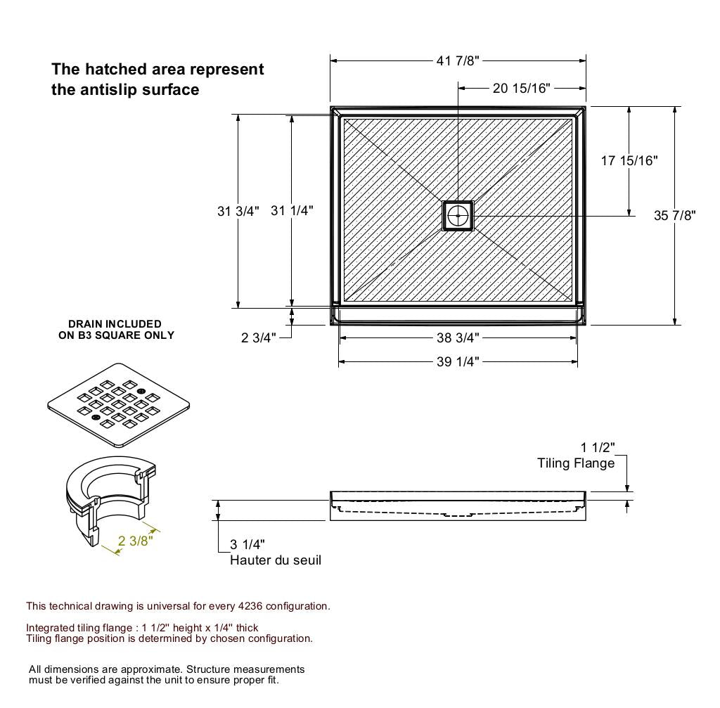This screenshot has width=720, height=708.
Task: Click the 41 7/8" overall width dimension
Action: click(457, 61)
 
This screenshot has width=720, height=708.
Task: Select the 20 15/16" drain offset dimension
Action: click(521, 88)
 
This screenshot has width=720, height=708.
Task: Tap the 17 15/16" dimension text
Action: click(629, 161)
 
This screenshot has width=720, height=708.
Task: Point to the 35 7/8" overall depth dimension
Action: click(674, 215)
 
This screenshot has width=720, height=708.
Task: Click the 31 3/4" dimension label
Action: click(238, 211)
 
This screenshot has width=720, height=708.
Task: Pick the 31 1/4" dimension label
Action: click(292, 211)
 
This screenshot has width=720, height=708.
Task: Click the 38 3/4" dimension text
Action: click(458, 338)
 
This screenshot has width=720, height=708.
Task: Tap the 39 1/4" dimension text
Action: click(458, 362)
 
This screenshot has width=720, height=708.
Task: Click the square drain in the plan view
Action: click(458, 215)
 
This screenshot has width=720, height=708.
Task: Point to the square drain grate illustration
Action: click(119, 405)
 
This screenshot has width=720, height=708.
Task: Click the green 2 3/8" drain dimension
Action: click(135, 541)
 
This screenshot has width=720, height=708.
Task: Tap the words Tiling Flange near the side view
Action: click(575, 463)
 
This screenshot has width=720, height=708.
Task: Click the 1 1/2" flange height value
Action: click(597, 448)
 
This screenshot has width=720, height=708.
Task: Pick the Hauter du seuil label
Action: click(275, 560)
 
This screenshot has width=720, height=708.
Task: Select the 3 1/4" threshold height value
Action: click(247, 545)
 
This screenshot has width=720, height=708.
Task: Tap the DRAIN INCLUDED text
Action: click(115, 324)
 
